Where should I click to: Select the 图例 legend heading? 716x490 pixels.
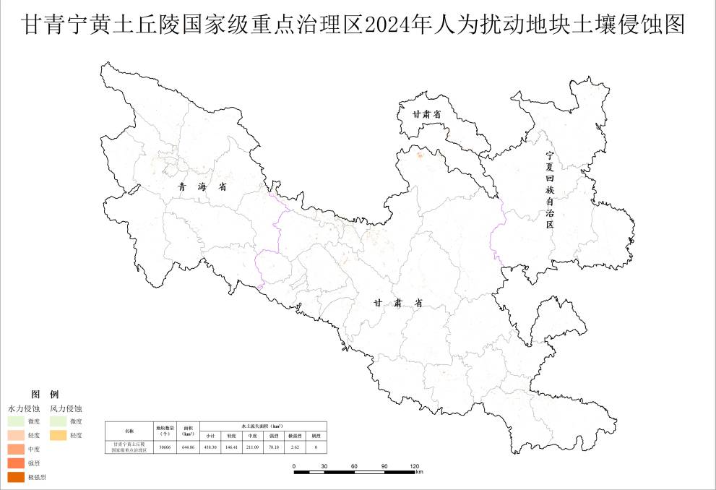[45, 395]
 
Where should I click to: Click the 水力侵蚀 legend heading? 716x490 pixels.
[24, 409]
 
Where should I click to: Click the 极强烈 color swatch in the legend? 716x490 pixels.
[16, 477]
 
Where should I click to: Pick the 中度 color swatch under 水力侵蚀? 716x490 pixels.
[16, 450]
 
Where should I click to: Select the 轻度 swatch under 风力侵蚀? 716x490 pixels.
[59, 436]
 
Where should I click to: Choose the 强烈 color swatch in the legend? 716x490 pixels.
[16, 463]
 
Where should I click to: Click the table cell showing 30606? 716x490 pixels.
[165, 447]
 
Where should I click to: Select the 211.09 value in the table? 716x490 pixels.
[253, 447]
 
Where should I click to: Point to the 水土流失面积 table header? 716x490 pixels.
[263, 426]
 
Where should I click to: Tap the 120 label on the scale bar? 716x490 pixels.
[415, 466]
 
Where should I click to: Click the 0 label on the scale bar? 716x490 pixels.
[295, 466]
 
